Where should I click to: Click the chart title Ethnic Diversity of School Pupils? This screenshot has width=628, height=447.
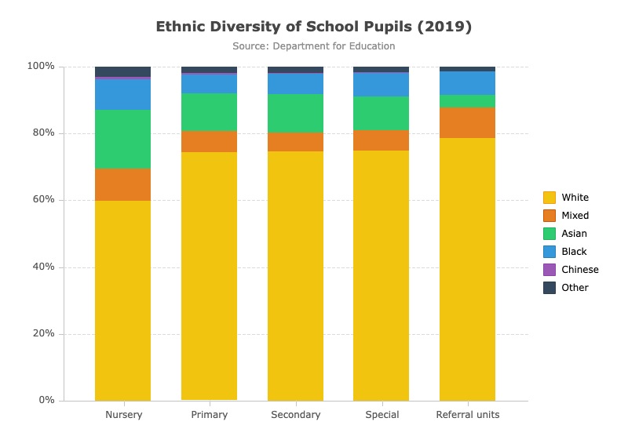(x=313, y=27)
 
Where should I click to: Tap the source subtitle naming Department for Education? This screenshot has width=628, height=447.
(x=313, y=46)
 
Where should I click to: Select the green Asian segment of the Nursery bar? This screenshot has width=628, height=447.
(x=123, y=140)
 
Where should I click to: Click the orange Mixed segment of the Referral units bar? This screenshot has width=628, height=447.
(x=467, y=123)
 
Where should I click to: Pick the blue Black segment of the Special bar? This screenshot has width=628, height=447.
(x=381, y=85)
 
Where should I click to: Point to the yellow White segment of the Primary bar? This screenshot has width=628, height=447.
(x=209, y=276)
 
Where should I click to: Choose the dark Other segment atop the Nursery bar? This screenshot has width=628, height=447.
(x=123, y=71)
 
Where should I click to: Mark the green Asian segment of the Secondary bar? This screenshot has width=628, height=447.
(x=296, y=113)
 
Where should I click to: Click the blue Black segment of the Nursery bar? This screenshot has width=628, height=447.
(x=123, y=94)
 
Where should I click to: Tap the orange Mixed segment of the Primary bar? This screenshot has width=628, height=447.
(x=209, y=142)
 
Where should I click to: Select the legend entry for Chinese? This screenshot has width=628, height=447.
(x=571, y=270)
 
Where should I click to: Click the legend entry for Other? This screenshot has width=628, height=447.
(x=566, y=288)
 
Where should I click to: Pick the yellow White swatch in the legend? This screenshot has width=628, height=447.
(x=549, y=198)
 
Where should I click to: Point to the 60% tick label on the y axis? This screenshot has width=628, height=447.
(x=43, y=199)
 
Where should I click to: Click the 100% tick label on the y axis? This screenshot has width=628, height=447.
(x=41, y=66)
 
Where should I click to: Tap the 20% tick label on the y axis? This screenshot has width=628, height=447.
(x=43, y=333)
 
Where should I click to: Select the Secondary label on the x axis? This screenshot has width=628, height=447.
(x=296, y=415)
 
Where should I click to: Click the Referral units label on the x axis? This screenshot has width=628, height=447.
(x=468, y=415)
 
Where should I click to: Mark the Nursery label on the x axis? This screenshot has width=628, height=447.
(x=124, y=415)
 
